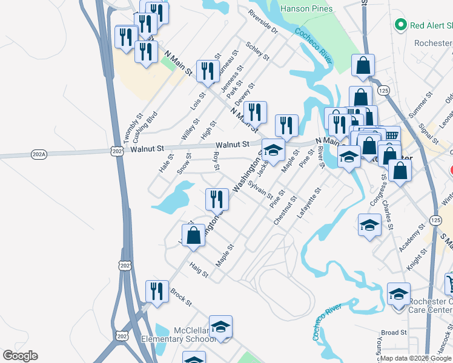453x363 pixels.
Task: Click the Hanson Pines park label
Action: [306, 9]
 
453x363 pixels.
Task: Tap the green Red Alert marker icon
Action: [400, 25]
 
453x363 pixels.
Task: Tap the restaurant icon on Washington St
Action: [217, 198]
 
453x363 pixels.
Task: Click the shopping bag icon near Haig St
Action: [194, 235]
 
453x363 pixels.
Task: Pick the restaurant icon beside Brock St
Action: [157, 291]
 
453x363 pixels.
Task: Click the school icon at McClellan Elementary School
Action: [221, 327]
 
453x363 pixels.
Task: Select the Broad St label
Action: [394, 333]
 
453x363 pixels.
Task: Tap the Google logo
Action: [20, 356]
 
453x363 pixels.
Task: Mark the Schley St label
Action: [257, 50]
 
